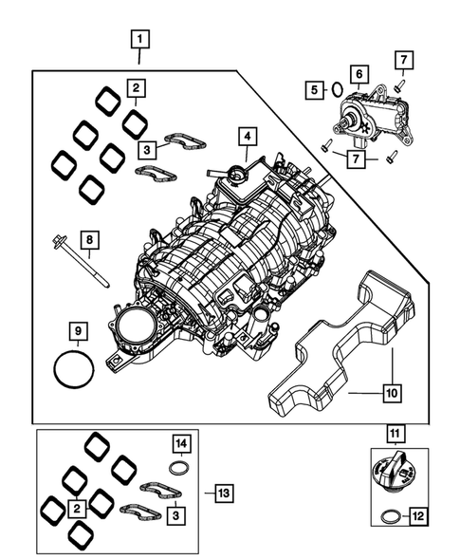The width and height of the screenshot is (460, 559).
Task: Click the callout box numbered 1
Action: coord(139,40)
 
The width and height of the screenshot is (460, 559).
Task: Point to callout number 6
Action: coord(359,73)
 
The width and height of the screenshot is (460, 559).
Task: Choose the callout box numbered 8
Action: coord(87,242)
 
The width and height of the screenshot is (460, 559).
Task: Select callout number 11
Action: coord(392,436)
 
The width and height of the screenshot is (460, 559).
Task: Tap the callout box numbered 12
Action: coord(416,517)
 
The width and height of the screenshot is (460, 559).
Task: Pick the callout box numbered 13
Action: coord(222,493)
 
